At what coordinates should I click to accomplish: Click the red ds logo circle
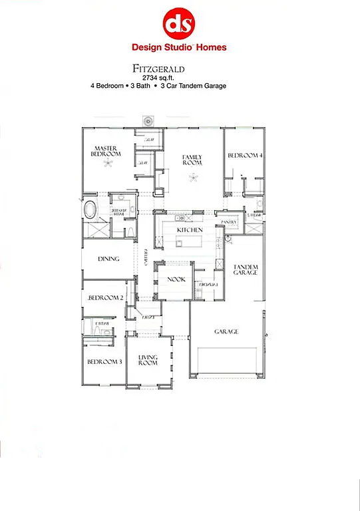(179, 23)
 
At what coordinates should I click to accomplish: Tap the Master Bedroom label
(106, 150)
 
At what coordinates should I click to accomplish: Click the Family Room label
(192, 160)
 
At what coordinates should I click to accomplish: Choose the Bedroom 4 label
(245, 155)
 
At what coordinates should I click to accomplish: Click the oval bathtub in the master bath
(89, 209)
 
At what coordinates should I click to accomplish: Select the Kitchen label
(190, 230)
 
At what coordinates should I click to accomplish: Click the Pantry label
(229, 222)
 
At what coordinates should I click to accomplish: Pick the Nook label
(176, 280)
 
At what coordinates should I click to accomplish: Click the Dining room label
(108, 259)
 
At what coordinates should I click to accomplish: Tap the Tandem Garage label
(245, 269)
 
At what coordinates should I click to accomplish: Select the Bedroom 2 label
(106, 297)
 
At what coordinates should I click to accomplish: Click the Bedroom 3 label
(104, 362)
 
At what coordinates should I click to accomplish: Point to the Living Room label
(148, 361)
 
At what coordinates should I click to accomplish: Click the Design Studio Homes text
(179, 47)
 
